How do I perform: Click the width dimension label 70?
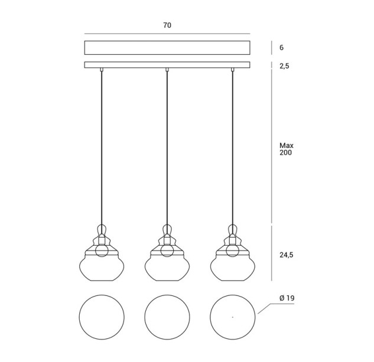[167, 25]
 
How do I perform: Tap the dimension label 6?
[281, 48]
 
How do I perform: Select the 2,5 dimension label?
[284, 66]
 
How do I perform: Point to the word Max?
[287, 146]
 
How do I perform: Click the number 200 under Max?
[286, 153]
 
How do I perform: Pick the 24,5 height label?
[286, 255]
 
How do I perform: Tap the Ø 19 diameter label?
[287, 298]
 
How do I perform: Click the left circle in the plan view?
[79, 317]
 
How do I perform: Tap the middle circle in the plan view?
[145, 317]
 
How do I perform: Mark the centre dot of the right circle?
[233, 317]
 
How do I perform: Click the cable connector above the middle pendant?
[167, 70]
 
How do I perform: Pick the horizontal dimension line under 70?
[167, 34]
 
